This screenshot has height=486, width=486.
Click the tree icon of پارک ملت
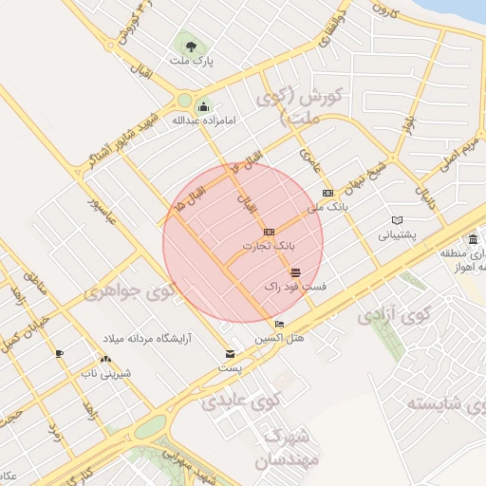coord(191,46)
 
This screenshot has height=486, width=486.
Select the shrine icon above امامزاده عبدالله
coord(202,105)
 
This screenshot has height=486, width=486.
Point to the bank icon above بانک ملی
coord(328,193)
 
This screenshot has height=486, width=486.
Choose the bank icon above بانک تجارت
coord(270,232)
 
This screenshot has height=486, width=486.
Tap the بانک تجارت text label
coord(264,245)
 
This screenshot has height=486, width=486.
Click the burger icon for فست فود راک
coord(295,272)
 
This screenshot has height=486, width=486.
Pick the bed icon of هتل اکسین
coord(278,325)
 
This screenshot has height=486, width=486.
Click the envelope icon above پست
coord(230,354)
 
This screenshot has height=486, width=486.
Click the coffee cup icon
coord(59,353)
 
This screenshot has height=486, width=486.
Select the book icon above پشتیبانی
coord(397,220)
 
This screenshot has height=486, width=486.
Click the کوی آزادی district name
coord(391,318)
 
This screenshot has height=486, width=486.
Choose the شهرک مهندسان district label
coord(285,449)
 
